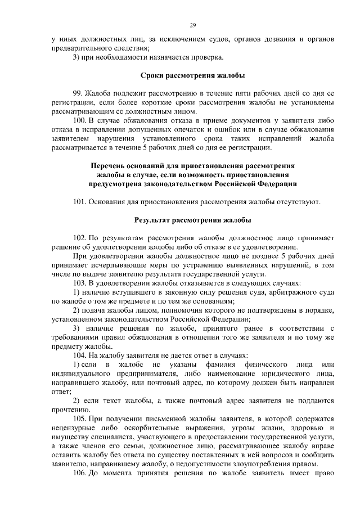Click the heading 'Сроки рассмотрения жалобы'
pos(192,75)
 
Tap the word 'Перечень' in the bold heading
pos(110,166)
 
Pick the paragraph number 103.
pos(80,283)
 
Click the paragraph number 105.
pos(80,419)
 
